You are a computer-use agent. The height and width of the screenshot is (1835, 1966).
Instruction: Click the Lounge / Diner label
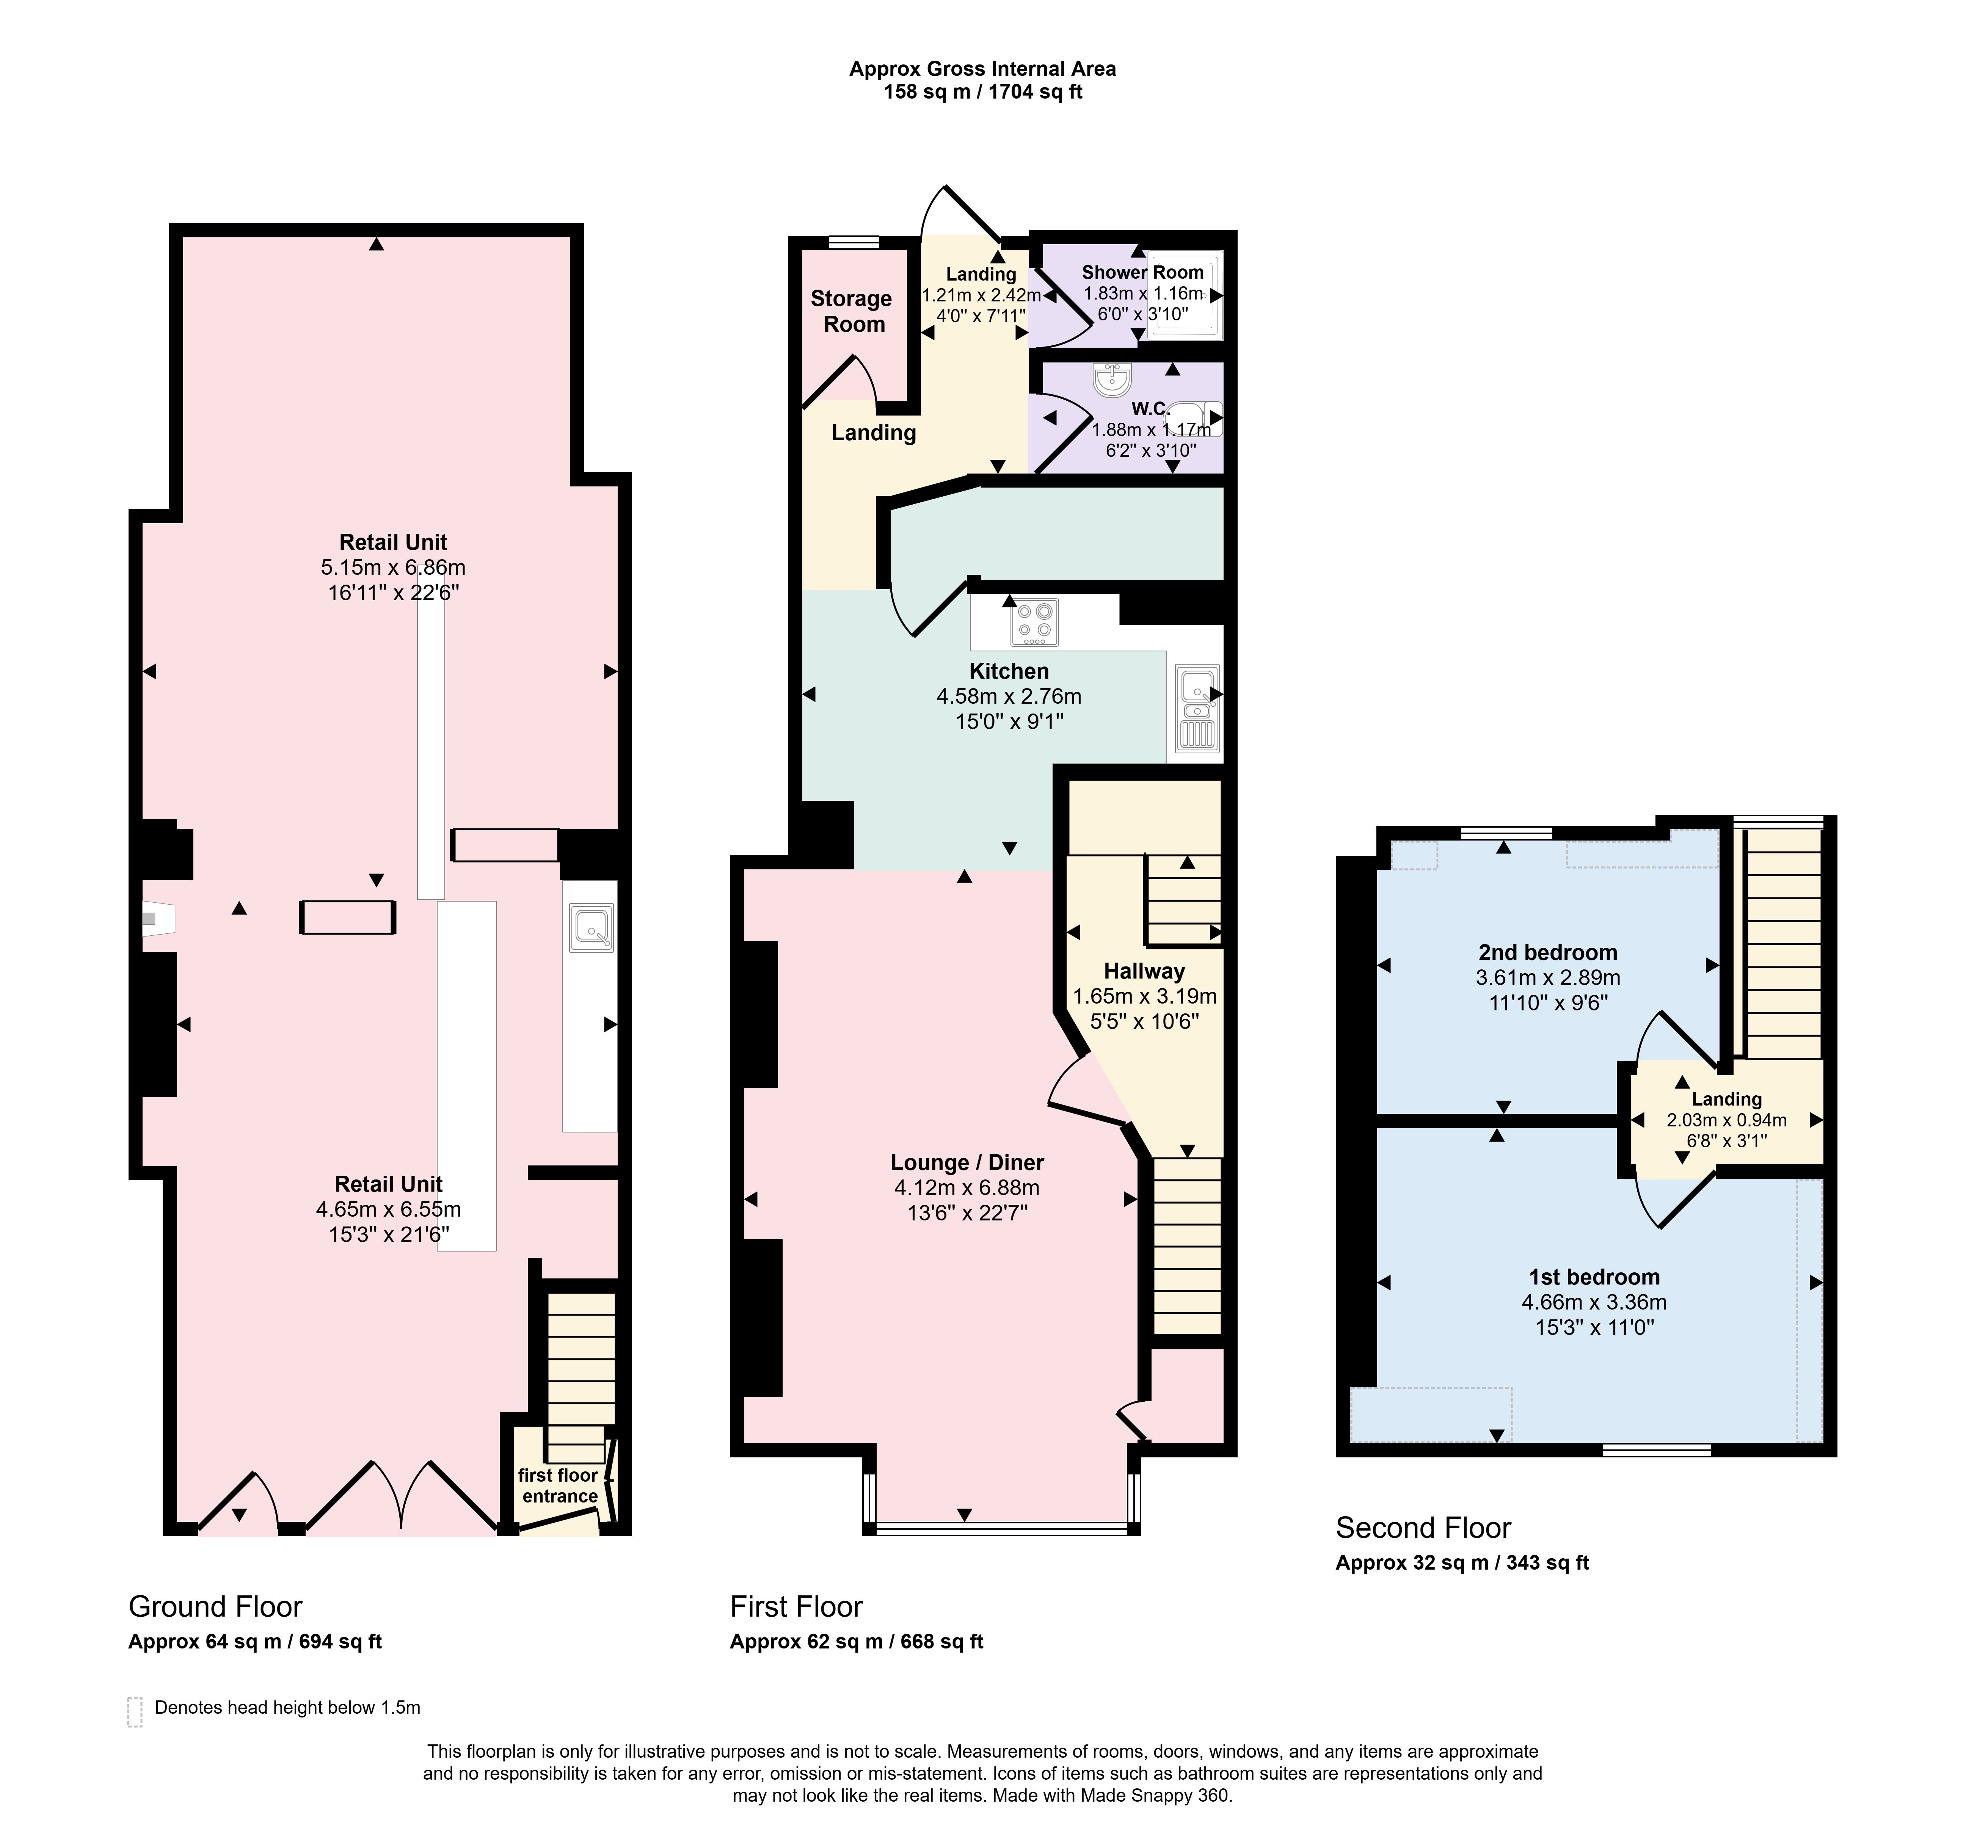click(x=967, y=1163)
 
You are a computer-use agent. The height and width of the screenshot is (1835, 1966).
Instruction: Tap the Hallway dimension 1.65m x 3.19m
click(x=1145, y=997)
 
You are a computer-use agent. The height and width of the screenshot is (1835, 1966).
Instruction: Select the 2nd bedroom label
click(x=1548, y=952)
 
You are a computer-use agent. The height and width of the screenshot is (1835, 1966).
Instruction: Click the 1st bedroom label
click(x=1594, y=1277)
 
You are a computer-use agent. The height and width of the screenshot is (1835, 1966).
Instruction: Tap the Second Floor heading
click(x=1423, y=1528)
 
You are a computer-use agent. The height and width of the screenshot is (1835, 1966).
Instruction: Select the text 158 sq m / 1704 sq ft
click(x=983, y=92)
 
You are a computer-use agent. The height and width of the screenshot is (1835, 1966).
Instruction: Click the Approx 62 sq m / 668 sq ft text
click(x=857, y=1641)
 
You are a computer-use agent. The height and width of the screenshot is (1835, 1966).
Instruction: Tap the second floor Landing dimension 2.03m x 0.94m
click(x=1727, y=1120)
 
